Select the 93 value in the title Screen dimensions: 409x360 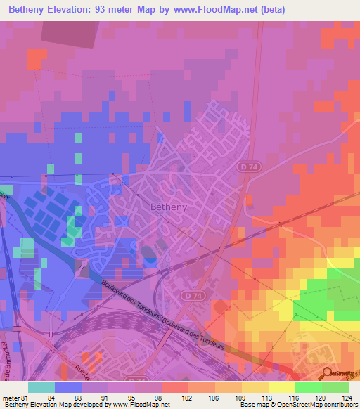(x=119, y=9)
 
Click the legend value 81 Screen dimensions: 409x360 (x=25, y=398)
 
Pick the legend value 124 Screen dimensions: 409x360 (x=346, y=398)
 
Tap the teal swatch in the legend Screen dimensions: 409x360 (x=41, y=387)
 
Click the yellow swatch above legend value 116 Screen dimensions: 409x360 (x=281, y=387)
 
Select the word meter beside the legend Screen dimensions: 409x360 (x=11, y=398)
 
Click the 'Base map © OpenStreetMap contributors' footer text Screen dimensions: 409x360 (x=298, y=405)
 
